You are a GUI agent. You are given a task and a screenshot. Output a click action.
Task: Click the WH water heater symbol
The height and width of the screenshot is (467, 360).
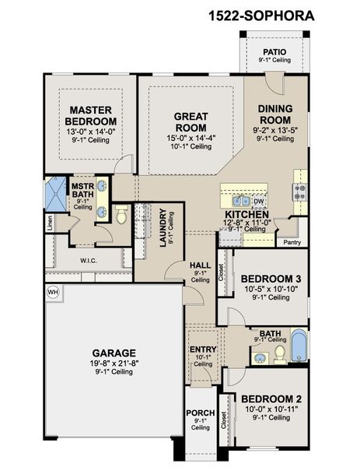[53, 292]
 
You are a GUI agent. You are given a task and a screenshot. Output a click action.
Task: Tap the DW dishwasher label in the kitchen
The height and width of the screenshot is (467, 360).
[259, 202]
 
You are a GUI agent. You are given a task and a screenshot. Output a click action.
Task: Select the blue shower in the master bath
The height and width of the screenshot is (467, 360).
[55, 194]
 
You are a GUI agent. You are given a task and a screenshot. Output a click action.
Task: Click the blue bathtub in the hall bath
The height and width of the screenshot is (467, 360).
[299, 345]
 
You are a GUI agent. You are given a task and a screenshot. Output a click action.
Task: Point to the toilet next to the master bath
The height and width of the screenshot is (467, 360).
[121, 214]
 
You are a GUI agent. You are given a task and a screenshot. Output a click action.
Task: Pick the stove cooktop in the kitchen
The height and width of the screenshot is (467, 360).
[299, 192]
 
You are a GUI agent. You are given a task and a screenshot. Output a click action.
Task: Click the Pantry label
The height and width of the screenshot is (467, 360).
[292, 242]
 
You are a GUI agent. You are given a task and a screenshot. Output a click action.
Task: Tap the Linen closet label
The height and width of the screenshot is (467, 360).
[50, 223]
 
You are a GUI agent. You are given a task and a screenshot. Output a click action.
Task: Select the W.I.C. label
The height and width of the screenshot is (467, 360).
[89, 261]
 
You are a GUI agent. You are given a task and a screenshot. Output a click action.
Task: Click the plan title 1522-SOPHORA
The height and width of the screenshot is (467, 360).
[261, 16]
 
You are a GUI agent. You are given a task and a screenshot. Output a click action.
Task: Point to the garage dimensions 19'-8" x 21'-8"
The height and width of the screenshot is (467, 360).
[114, 363]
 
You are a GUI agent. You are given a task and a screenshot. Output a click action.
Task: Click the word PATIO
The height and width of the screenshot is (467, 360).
[274, 52]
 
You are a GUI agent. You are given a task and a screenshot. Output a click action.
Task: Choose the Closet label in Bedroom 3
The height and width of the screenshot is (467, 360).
[221, 272]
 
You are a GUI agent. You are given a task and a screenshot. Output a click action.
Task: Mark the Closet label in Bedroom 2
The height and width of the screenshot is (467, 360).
[223, 420]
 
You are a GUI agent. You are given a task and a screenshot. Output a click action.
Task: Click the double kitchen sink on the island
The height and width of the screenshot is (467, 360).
[241, 201]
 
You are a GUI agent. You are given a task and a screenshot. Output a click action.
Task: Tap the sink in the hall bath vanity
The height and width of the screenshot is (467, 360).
[260, 358]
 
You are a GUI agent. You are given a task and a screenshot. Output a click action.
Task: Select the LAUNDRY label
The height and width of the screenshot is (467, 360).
[163, 228]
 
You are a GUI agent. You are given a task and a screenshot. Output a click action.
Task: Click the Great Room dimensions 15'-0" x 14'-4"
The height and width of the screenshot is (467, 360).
[191, 138]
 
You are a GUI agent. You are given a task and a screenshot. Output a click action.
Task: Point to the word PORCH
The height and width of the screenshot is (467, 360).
[201, 413]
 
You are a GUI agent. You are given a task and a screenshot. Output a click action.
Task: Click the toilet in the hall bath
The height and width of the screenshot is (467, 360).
[280, 353]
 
